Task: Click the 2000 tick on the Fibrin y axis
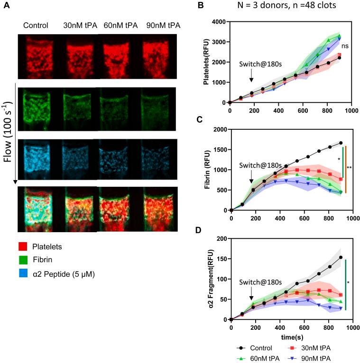tap(219, 129)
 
